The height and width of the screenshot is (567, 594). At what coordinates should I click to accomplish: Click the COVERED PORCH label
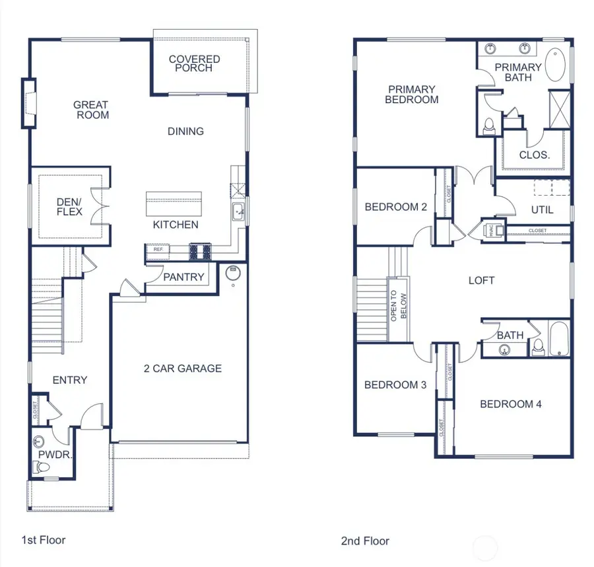coord(194,63)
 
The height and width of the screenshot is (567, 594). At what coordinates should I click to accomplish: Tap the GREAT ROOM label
coord(91,110)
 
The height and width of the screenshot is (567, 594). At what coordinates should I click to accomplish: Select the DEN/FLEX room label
coord(69,207)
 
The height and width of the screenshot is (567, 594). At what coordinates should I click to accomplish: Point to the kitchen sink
coord(238,212)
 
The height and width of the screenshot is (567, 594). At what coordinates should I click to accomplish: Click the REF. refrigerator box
coord(158,250)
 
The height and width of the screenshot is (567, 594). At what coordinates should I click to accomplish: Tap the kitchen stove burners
coord(200,250)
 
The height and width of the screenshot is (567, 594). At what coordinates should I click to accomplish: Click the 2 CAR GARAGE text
coord(183,368)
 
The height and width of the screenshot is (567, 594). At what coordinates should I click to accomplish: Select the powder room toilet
coord(43,467)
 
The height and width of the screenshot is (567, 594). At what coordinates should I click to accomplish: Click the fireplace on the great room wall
coord(28,103)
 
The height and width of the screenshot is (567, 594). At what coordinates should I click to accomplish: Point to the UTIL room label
coord(542,209)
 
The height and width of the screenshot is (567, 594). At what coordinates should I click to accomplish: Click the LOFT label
coord(481,280)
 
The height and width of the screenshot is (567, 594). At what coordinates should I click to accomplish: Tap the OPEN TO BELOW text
coord(399,306)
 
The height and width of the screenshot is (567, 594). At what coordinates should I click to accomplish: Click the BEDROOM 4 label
coord(510,404)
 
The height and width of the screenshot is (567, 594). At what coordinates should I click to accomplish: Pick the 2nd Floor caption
coord(365,541)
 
